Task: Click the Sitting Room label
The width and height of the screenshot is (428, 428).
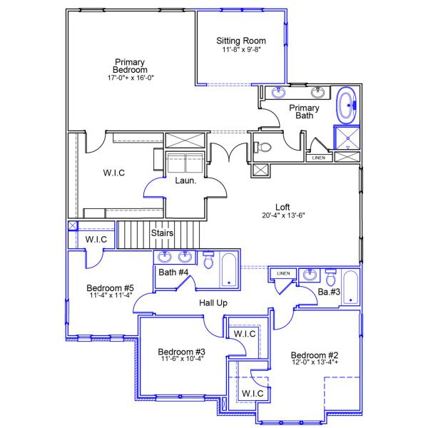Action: (241, 41)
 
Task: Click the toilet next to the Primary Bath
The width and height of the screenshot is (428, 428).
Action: (263, 147)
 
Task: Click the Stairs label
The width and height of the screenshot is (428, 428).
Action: (163, 233)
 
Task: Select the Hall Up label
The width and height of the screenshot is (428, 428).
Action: (213, 303)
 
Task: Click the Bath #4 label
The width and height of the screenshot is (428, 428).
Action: (173, 272)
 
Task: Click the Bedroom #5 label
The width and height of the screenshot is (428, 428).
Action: (110, 287)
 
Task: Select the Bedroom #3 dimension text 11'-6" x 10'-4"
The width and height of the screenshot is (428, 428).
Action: (181, 359)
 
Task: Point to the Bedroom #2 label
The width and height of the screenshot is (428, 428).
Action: (314, 355)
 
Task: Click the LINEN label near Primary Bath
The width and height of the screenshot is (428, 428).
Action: (319, 158)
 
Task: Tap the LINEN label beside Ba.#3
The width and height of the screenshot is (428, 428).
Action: (283, 273)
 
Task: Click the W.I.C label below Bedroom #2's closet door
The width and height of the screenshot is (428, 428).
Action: (253, 393)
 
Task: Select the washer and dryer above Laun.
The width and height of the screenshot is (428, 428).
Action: (185, 163)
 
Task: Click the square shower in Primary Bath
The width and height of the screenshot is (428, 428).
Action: (347, 138)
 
